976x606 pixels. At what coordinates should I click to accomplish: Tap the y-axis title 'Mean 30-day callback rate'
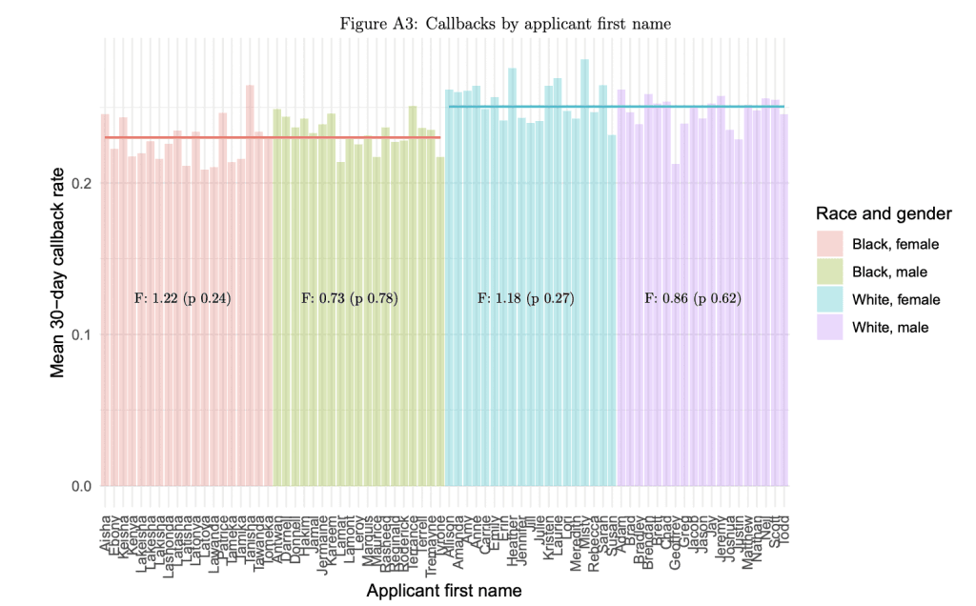(x=59, y=271)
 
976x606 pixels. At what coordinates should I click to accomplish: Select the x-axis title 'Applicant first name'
(x=444, y=591)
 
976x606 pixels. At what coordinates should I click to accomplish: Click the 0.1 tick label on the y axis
(x=80, y=334)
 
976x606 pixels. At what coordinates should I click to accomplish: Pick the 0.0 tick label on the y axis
(x=80, y=486)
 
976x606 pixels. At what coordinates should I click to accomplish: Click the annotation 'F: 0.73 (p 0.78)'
(x=350, y=298)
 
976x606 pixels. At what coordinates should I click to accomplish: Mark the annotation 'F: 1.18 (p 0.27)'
(x=525, y=298)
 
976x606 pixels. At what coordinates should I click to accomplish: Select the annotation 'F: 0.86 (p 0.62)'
(x=693, y=298)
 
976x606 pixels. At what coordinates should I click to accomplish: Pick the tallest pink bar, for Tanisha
(x=250, y=286)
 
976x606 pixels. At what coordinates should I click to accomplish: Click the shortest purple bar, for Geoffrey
(x=676, y=324)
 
